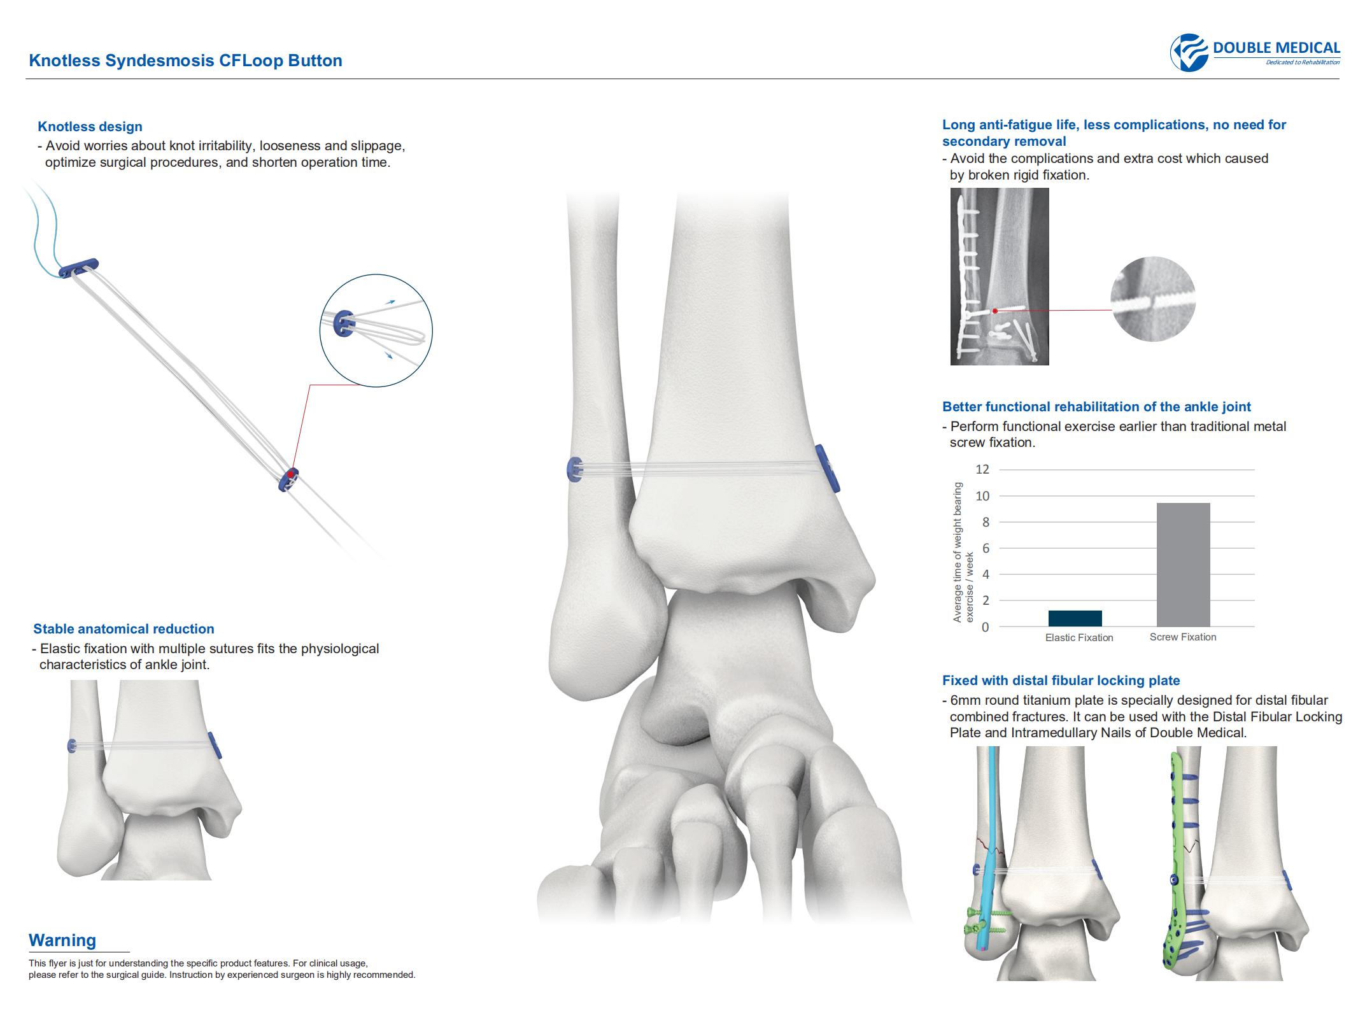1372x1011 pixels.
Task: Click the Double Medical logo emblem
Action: pyautogui.click(x=1189, y=53)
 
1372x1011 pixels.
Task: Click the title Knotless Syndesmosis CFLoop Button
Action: pyautogui.click(x=186, y=60)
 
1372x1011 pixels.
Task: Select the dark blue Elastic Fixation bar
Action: pyautogui.click(x=1075, y=618)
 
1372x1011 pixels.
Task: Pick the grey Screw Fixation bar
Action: pyautogui.click(x=1183, y=565)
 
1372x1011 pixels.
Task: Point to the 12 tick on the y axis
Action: pyautogui.click(x=982, y=469)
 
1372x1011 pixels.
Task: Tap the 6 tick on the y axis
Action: pyautogui.click(x=986, y=548)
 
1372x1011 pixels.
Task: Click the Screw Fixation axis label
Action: pyautogui.click(x=1183, y=637)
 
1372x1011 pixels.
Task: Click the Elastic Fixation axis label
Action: pyautogui.click(x=1079, y=637)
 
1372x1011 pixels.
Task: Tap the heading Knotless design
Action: pyautogui.click(x=90, y=127)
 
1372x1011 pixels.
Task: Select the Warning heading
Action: pyautogui.click(x=62, y=940)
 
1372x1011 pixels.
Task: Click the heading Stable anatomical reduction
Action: pyautogui.click(x=124, y=629)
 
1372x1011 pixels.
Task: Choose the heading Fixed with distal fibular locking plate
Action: pyautogui.click(x=1061, y=681)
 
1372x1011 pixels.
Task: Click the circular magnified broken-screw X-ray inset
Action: pyautogui.click(x=1153, y=299)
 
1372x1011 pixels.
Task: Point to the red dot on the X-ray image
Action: pyautogui.click(x=995, y=311)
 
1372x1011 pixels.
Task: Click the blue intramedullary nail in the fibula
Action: pyautogui.click(x=990, y=853)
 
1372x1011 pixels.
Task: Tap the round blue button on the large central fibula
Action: pyautogui.click(x=574, y=469)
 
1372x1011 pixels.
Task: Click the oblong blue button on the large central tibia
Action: pyautogui.click(x=828, y=469)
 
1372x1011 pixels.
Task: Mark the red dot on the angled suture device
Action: pyautogui.click(x=290, y=474)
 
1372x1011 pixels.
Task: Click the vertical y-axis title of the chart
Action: pyautogui.click(x=963, y=553)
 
